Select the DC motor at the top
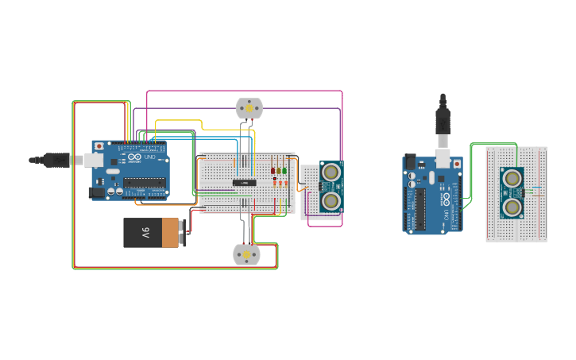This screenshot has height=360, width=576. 249,108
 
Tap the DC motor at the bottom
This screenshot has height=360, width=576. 245,254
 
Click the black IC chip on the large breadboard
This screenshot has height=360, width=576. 245,183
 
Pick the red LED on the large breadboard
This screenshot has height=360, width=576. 273,171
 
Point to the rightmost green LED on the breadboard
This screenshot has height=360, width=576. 284,171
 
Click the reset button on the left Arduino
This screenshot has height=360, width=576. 99,146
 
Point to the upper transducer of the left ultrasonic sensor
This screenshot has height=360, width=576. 331,172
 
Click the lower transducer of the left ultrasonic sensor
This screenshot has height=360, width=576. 331,200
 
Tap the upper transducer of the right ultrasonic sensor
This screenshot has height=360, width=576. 512,178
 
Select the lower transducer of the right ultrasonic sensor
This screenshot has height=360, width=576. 512,207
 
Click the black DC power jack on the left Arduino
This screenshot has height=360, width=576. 96,192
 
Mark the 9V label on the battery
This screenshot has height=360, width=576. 145,233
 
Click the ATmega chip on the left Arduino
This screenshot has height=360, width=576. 145,182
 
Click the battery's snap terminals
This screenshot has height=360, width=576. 184,233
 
